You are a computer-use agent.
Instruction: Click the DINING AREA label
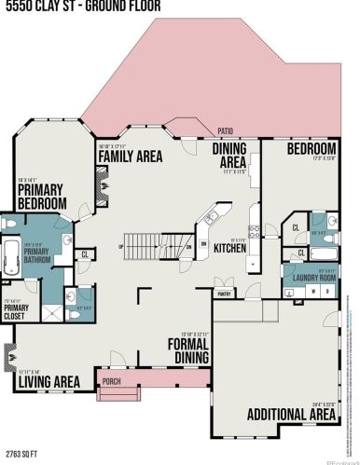click(228, 154)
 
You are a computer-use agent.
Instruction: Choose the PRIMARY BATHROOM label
click(37, 254)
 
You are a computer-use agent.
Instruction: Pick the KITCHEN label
click(229, 249)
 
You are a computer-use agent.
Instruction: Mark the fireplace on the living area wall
click(9, 355)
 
